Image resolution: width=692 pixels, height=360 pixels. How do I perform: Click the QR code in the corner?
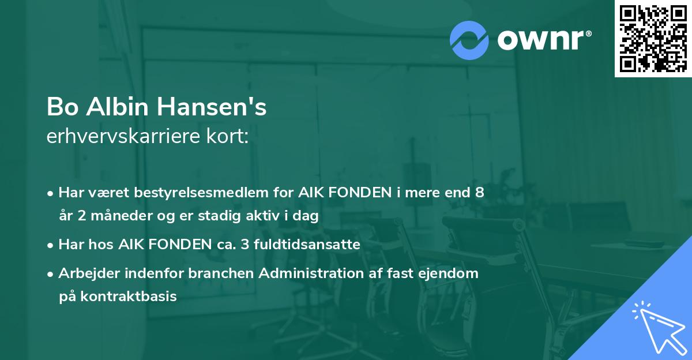pos(653,39)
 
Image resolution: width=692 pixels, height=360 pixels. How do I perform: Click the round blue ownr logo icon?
pos(469,39)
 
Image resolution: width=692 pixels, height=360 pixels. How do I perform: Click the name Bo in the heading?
pos(59,108)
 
